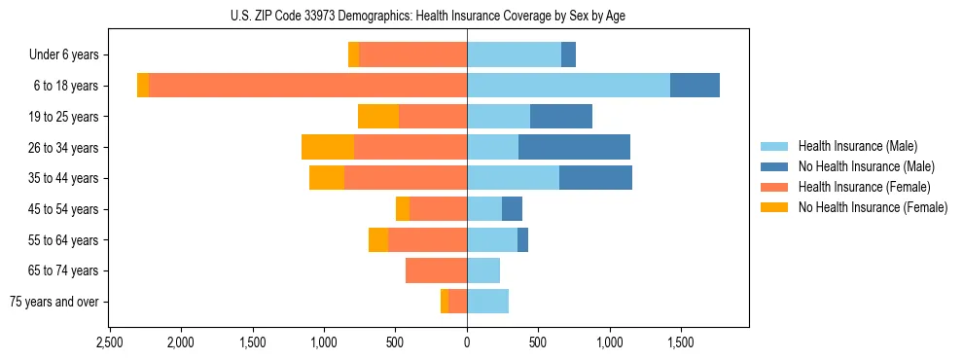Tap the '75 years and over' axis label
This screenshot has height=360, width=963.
pyautogui.click(x=54, y=302)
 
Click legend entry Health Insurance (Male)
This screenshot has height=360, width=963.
pyautogui.click(x=857, y=146)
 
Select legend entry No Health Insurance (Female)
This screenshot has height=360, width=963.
pyautogui.click(x=872, y=207)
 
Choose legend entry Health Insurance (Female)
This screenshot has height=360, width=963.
pyautogui.click(x=864, y=187)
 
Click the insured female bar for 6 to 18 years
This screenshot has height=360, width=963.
pyautogui.click(x=307, y=86)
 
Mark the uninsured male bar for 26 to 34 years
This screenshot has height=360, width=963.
pyautogui.click(x=574, y=147)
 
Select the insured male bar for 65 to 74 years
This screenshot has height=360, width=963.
pyautogui.click(x=483, y=270)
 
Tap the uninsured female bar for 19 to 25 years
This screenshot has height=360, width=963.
pyautogui.click(x=378, y=117)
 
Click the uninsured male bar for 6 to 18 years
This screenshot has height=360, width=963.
pyautogui.click(x=695, y=86)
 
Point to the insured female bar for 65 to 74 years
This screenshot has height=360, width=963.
pyautogui.click(x=436, y=270)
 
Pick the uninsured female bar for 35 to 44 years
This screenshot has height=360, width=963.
pyautogui.click(x=327, y=178)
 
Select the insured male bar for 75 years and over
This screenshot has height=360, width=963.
pyautogui.click(x=487, y=302)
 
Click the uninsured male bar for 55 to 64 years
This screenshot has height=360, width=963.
pyautogui.click(x=522, y=239)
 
